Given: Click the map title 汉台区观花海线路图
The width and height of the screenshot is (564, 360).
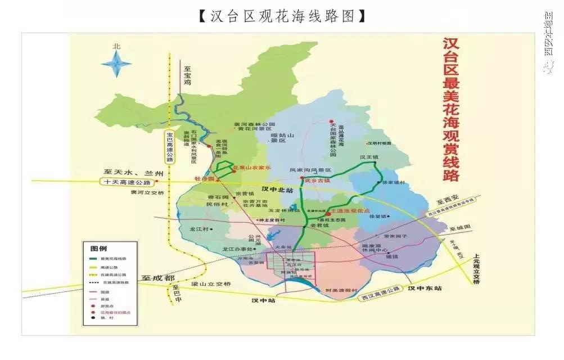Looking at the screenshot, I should point(282,15).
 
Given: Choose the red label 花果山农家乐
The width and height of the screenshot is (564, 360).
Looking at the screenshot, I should point(252,168).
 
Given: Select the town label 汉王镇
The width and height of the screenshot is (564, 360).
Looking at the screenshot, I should point(369,157).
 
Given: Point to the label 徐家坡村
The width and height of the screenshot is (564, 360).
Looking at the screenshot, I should point(393,183).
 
